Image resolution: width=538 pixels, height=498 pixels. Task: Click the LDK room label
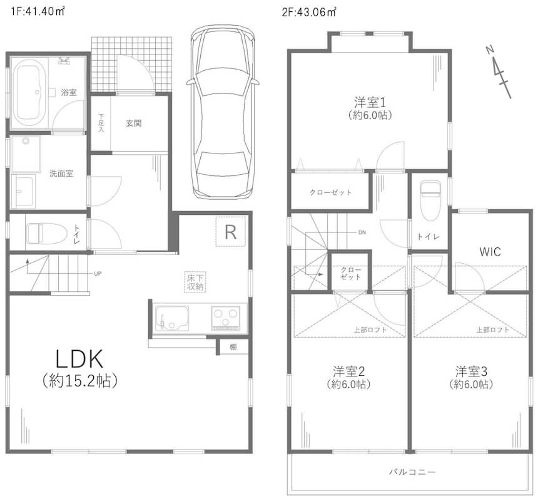(79, 359)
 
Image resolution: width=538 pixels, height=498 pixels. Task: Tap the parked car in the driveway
(223, 112)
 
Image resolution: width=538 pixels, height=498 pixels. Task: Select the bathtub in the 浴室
(30, 93)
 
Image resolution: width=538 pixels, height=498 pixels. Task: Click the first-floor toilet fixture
(46, 234)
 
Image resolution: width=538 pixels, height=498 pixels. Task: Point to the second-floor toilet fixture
(430, 200)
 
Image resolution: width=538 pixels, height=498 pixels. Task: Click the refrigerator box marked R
(231, 231)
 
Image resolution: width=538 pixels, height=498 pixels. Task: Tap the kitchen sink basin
(172, 318)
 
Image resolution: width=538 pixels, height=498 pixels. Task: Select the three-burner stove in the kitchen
(225, 318)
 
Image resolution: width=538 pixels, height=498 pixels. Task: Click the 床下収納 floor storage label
(196, 282)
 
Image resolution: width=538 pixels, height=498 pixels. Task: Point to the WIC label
(490, 252)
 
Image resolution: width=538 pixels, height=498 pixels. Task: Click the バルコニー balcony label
(412, 472)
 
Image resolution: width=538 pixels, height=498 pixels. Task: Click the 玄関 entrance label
(133, 123)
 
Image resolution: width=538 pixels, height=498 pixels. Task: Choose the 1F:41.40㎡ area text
(38, 11)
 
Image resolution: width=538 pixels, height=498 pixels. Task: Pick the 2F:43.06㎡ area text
(309, 12)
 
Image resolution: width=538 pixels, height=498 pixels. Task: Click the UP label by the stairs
(98, 274)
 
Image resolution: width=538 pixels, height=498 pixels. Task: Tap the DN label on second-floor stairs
(362, 232)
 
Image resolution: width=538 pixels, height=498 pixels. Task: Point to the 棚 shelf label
(233, 347)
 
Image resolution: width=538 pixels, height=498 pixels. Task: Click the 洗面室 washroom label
(61, 174)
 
